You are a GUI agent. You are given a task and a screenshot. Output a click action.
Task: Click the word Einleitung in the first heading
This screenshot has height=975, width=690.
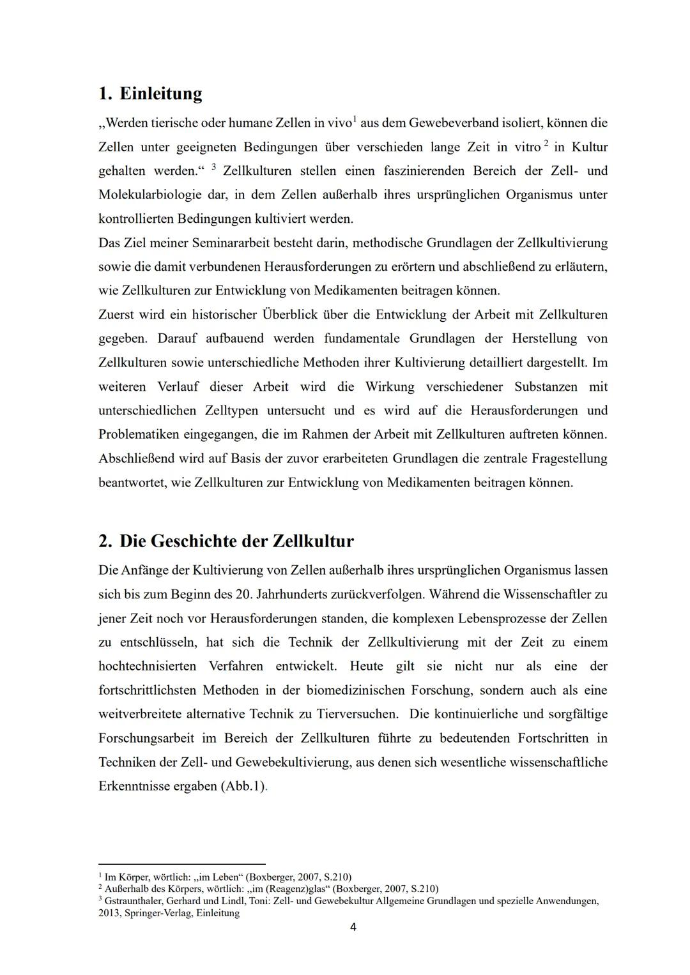pyautogui.click(x=161, y=94)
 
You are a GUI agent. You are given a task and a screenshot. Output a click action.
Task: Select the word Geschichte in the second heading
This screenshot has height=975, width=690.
pyautogui.click(x=194, y=541)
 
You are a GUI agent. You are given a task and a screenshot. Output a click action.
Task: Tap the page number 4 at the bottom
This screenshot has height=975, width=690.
pyautogui.click(x=353, y=927)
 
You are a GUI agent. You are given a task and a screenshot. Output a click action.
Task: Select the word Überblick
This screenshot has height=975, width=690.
pyautogui.click(x=289, y=315)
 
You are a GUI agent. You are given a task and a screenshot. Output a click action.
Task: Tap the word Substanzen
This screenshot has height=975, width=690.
pyautogui.click(x=546, y=387)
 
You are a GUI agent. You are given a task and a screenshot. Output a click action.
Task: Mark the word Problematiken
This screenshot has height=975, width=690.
pyautogui.click(x=139, y=435)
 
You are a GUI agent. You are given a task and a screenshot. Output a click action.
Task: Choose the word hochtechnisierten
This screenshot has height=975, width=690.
pyautogui.click(x=147, y=667)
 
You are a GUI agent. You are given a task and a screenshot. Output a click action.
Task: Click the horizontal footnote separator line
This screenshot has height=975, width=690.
pyautogui.click(x=181, y=864)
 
